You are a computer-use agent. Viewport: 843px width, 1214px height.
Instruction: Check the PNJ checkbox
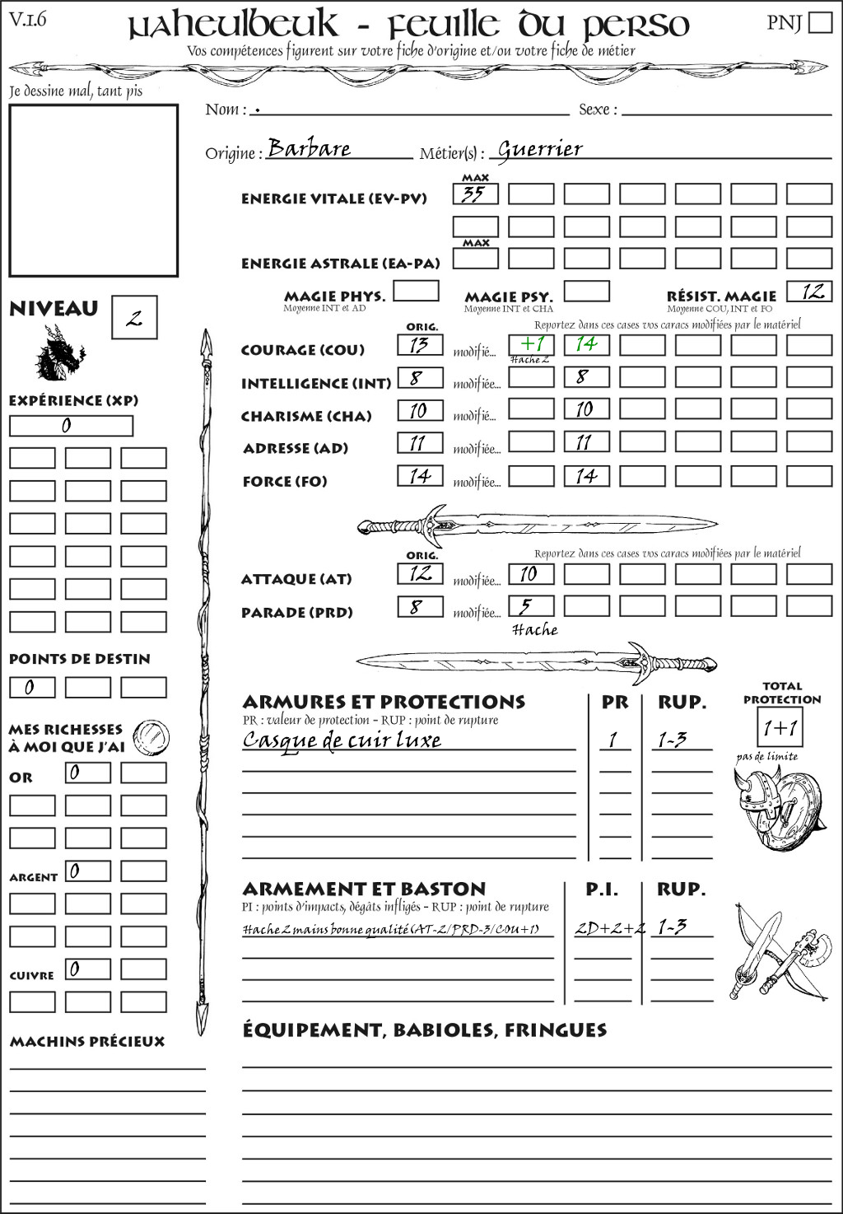(x=820, y=21)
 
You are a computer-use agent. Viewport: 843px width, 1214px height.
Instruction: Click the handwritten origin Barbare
(x=310, y=148)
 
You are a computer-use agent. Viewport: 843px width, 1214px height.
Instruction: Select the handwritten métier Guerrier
(x=540, y=149)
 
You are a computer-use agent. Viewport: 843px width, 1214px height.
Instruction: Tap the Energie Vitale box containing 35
(x=475, y=194)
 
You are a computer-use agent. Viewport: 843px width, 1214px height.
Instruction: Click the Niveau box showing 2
(x=134, y=318)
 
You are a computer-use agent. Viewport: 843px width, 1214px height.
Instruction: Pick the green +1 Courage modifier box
(x=531, y=343)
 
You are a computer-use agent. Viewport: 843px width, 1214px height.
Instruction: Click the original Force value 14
(x=420, y=475)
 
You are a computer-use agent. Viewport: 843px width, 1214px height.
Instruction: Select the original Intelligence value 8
(x=420, y=377)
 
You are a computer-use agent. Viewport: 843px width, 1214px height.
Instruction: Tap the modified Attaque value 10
(x=531, y=573)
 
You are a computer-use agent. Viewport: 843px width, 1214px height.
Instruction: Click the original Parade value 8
(x=420, y=607)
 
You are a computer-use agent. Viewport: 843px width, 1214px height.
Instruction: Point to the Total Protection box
(x=779, y=728)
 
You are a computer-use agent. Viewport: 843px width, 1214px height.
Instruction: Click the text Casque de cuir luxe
(x=342, y=740)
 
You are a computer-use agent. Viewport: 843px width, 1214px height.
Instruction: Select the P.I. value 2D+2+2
(x=609, y=927)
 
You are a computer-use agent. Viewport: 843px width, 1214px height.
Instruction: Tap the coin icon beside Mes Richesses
(x=151, y=735)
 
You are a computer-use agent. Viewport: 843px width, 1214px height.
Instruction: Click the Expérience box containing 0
(x=71, y=426)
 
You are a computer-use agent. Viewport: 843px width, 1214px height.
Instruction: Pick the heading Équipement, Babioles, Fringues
(x=424, y=1030)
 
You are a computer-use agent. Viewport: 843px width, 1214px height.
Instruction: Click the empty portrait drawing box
(x=93, y=190)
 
